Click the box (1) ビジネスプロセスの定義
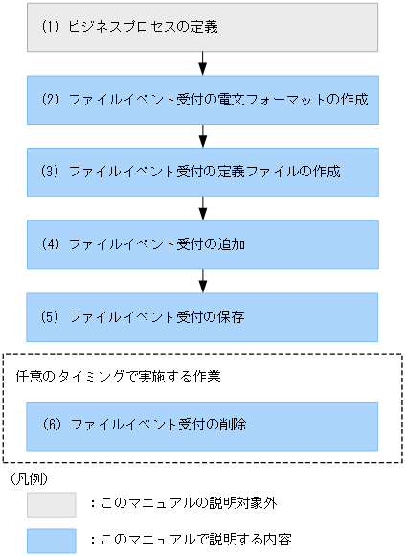point(202,27)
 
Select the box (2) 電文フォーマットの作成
point(202,100)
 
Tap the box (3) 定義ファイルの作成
point(202,172)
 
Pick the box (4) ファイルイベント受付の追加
point(202,243)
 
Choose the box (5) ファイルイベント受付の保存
point(202,315)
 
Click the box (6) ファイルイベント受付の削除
point(202,424)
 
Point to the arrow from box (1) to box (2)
point(203,63)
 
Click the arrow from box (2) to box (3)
point(203,135)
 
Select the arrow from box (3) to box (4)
point(203,207)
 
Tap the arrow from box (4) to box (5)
point(203,280)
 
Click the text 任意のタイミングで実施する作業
point(120,377)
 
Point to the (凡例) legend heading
point(29,476)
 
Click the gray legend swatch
point(51,504)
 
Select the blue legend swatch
point(51,539)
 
